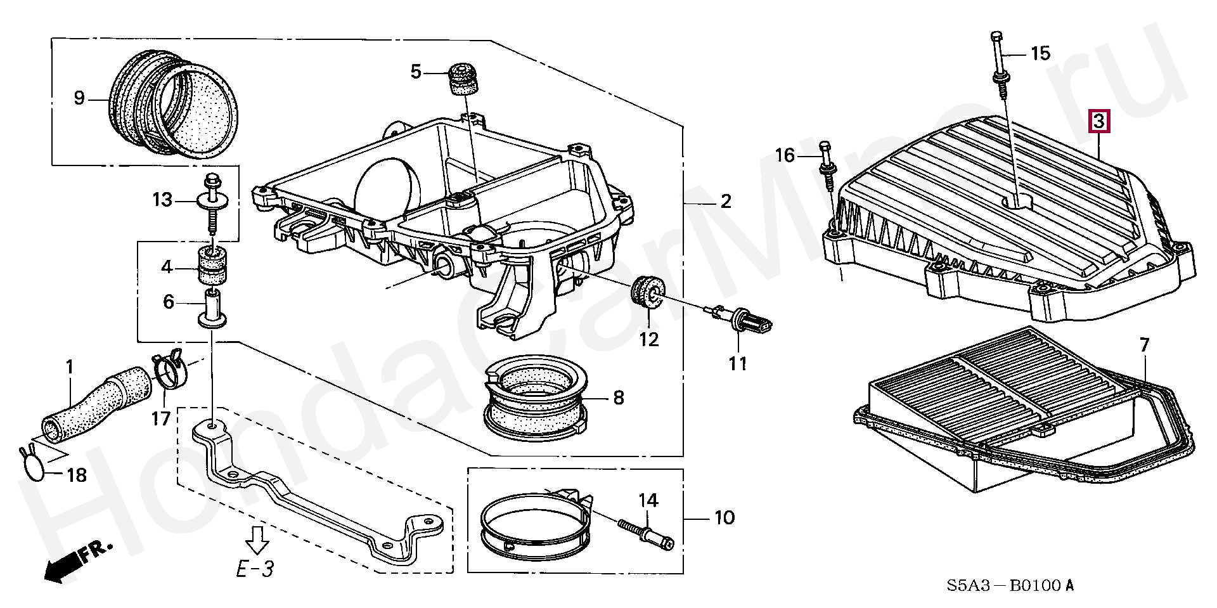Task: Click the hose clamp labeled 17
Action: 168,371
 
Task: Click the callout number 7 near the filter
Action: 1143,346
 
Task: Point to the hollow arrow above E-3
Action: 257,538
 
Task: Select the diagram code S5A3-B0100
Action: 1010,585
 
